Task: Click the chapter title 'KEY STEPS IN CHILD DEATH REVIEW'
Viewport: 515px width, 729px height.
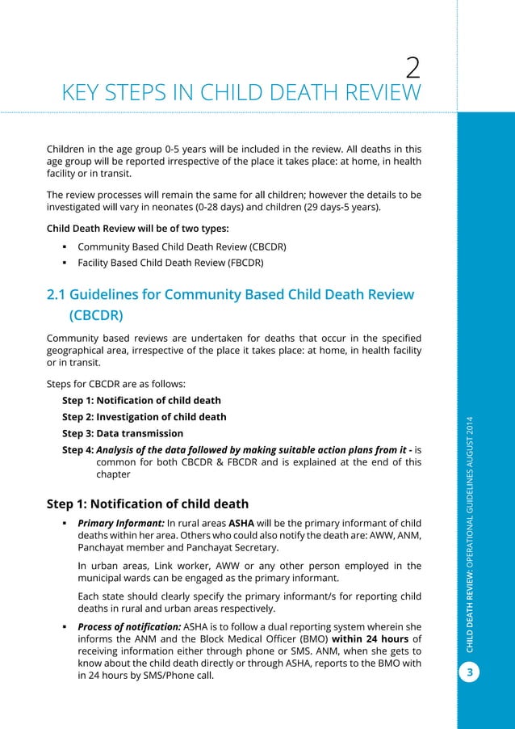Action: [x=241, y=94]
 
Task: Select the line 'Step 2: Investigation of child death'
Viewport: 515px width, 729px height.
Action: [x=144, y=417]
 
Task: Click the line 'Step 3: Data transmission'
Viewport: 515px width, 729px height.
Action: [x=123, y=433]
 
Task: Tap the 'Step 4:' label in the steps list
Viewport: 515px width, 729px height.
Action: [x=78, y=449]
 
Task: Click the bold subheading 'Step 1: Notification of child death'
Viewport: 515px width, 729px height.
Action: [x=148, y=504]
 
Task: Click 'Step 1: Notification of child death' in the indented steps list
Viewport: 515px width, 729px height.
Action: [x=141, y=400]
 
